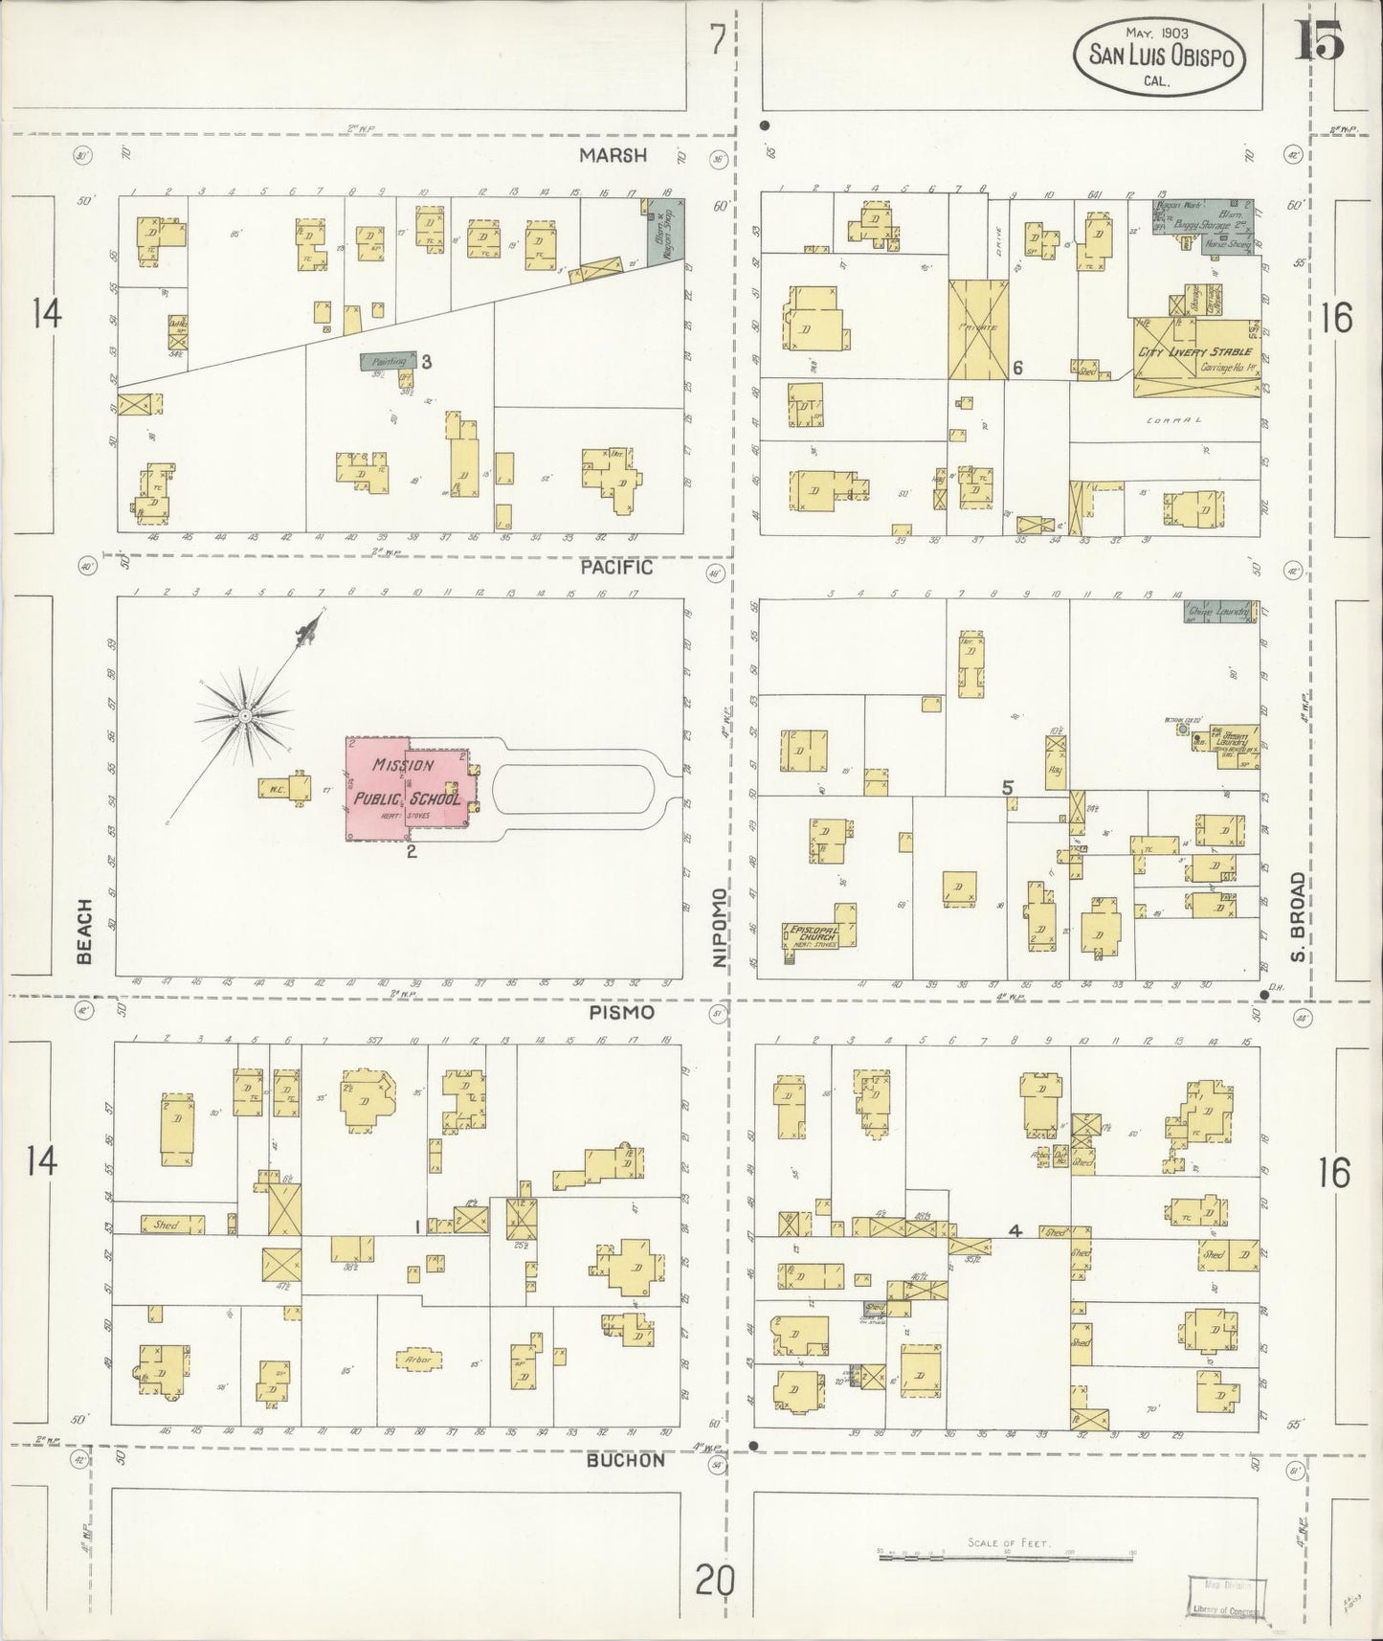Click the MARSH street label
(x=613, y=155)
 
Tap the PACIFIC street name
(x=617, y=568)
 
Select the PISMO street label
(x=621, y=1012)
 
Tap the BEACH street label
(x=85, y=931)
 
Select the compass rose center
(x=245, y=715)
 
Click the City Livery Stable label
(x=1193, y=352)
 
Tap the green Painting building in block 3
(x=389, y=361)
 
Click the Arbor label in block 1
(x=418, y=1360)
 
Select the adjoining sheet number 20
(x=715, y=1580)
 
